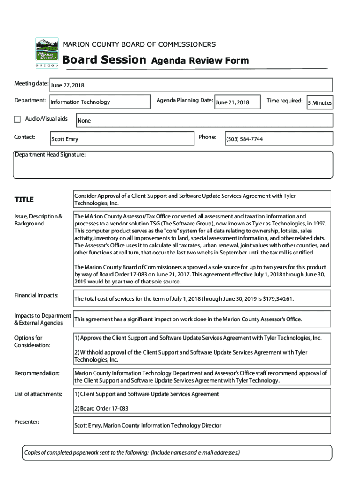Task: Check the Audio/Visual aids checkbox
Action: click(x=18, y=119)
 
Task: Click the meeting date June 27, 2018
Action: click(x=67, y=85)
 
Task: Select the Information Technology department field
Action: click(x=80, y=102)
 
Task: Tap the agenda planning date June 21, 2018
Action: click(x=232, y=102)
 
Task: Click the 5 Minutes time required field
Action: click(x=320, y=103)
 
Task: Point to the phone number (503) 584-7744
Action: click(x=245, y=139)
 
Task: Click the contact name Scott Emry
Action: click(x=65, y=139)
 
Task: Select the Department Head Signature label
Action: click(x=50, y=155)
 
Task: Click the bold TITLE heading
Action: click(x=24, y=200)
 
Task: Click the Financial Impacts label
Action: click(x=36, y=295)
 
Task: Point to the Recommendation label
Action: click(x=37, y=373)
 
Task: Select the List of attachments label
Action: click(x=38, y=394)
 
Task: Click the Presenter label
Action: click(x=27, y=422)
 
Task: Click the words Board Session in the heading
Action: click(x=104, y=60)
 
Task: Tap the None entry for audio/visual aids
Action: click(x=84, y=121)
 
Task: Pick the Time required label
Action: click(x=284, y=100)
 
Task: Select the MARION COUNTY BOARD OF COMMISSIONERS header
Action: click(x=139, y=44)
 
